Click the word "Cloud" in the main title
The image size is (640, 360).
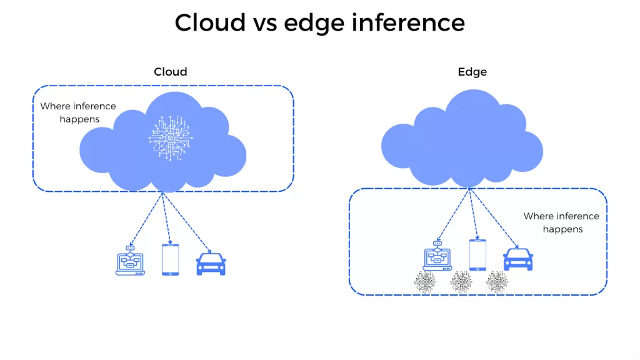[210, 23]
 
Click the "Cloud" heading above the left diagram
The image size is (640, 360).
[171, 72]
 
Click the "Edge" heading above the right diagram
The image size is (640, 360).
[472, 72]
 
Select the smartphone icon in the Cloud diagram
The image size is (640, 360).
[170, 259]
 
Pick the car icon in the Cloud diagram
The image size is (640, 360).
[211, 263]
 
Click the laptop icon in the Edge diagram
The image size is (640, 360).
[437, 257]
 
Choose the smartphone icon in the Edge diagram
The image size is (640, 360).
[478, 254]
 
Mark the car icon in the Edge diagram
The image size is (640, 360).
[518, 258]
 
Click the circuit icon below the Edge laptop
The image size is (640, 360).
[426, 282]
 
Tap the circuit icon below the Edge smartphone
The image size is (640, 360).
[462, 282]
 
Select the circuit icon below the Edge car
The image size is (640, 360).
[497, 282]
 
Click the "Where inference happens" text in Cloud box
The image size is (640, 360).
[78, 112]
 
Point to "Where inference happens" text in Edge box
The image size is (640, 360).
[561, 222]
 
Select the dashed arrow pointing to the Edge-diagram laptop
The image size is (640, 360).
[454, 216]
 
